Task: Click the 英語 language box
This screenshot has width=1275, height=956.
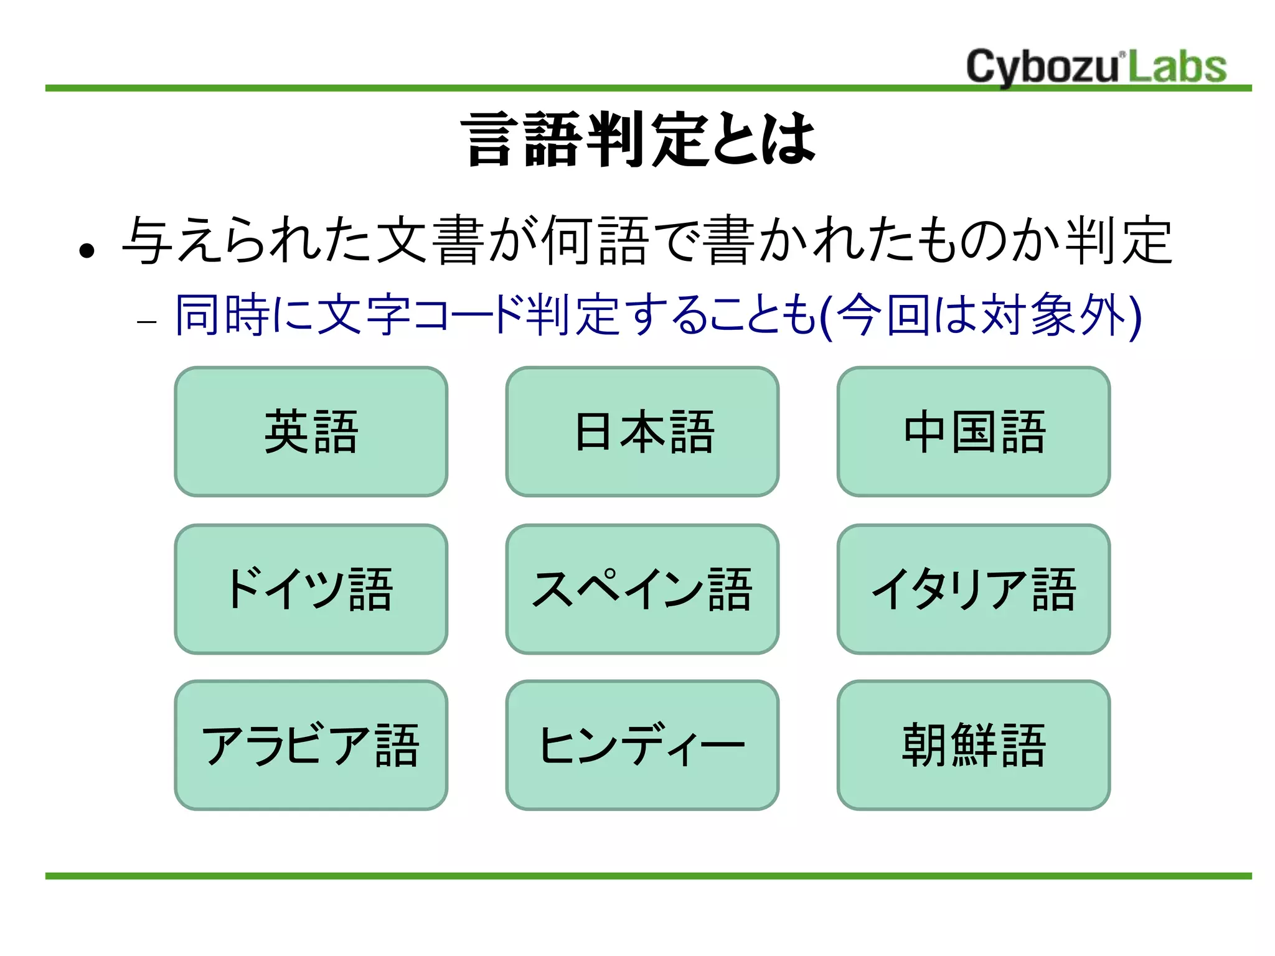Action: (311, 431)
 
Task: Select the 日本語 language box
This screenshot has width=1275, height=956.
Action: (642, 431)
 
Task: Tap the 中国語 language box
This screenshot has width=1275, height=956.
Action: (973, 431)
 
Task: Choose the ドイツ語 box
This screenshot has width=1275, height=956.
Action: (311, 589)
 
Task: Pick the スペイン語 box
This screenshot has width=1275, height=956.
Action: (642, 589)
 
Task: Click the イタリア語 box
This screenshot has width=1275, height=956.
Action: (973, 589)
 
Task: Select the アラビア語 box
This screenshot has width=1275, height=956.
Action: (311, 745)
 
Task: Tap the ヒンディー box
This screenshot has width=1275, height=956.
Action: (642, 745)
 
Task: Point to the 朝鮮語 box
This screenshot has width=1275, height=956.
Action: (973, 745)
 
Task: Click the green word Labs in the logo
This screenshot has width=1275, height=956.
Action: (1177, 67)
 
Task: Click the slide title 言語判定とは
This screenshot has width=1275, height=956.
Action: (638, 139)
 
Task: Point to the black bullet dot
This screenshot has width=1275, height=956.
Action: (87, 250)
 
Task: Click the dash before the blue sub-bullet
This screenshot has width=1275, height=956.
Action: (146, 322)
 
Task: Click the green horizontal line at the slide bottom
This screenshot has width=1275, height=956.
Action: (647, 876)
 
